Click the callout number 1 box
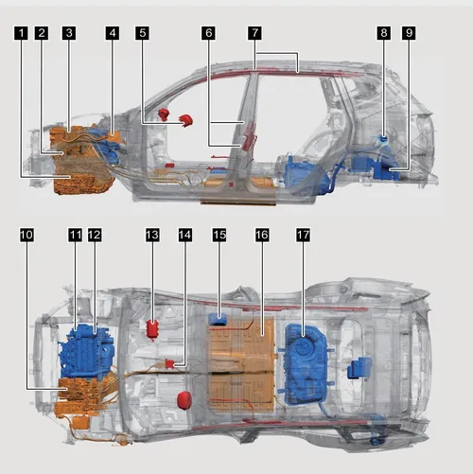coord(21,33)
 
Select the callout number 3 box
coord(69,33)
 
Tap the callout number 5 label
coord(143,33)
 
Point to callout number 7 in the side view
coord(254,33)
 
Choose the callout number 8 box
coord(384,33)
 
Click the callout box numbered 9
coord(409,33)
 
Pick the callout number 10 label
coord(26,235)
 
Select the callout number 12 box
coord(95,235)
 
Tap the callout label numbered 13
coord(152,235)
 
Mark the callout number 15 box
coord(219,235)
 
